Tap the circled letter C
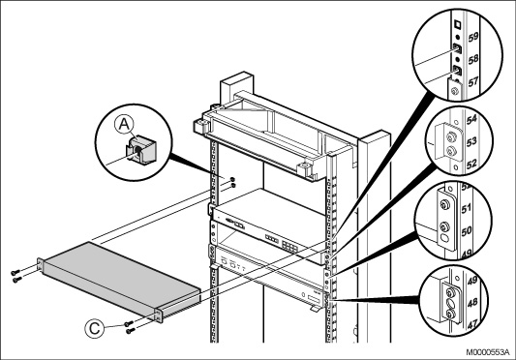(95, 328)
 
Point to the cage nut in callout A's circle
(141, 149)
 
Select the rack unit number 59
(472, 36)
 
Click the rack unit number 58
(472, 59)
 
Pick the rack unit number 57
(472, 81)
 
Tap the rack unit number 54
(471, 119)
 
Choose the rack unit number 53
(471, 141)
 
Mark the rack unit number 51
(467, 209)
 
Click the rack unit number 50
(467, 231)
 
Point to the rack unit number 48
(472, 303)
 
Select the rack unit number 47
(472, 325)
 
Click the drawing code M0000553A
(490, 352)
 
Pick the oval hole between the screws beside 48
(450, 303)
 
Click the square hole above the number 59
(457, 24)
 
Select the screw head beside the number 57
(455, 91)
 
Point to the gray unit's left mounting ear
(41, 265)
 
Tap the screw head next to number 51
(444, 205)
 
